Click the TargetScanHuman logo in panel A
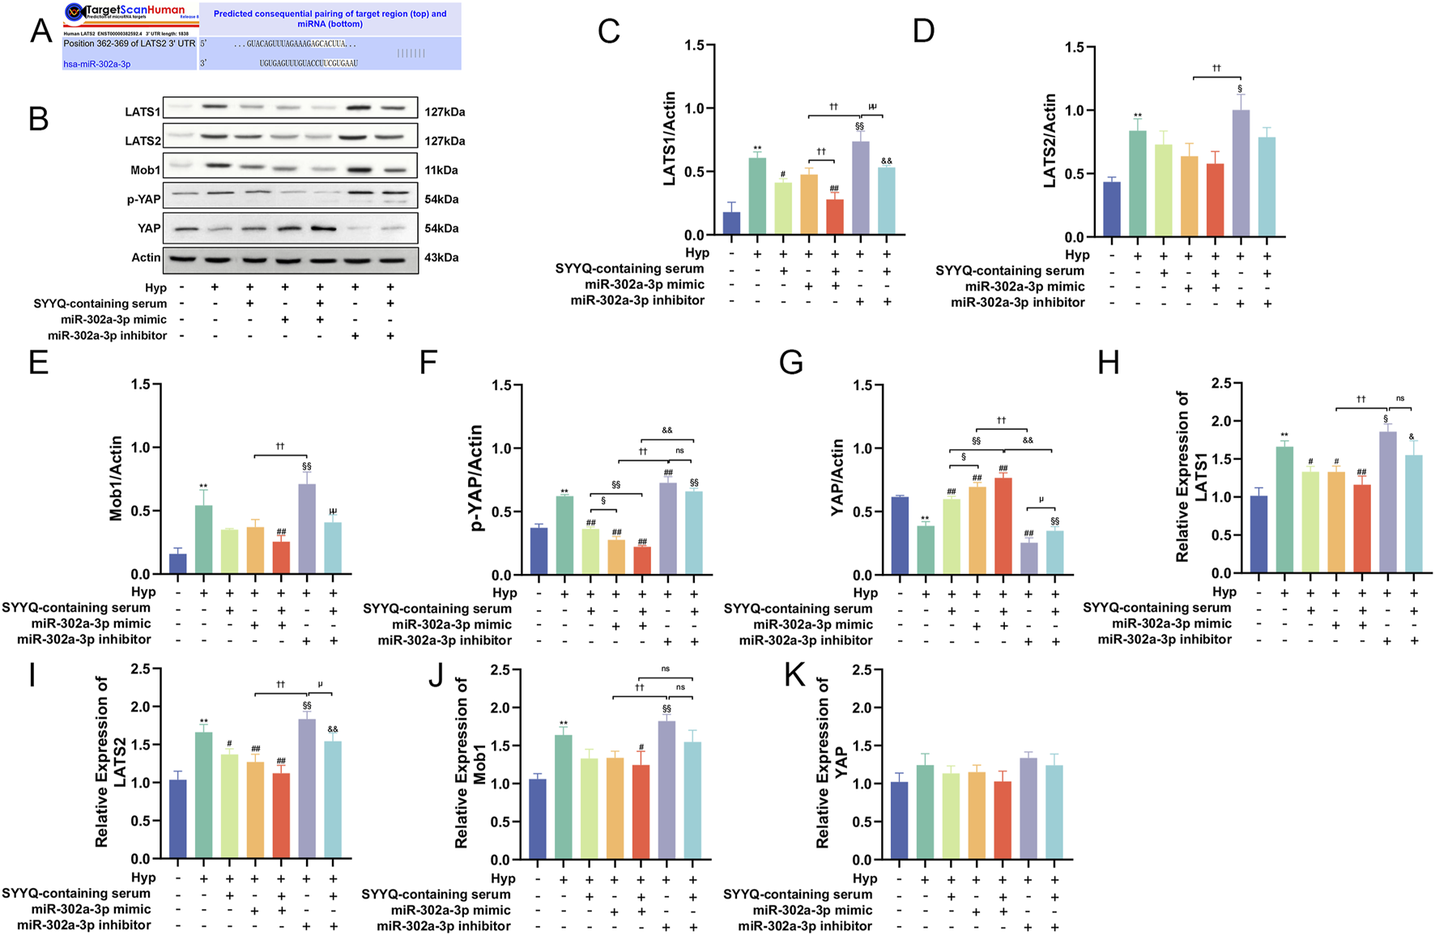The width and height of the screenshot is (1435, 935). pyautogui.click(x=126, y=11)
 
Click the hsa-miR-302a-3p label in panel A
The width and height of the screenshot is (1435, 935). pyautogui.click(x=96, y=64)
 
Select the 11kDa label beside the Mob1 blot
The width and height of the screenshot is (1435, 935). pyautogui.click(x=441, y=170)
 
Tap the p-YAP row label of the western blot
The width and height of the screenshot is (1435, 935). pyautogui.click(x=143, y=199)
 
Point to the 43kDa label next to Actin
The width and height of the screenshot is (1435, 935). pyautogui.click(x=441, y=257)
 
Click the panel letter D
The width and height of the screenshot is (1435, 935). pyautogui.click(x=923, y=31)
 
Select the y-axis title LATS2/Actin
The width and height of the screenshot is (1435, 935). pyautogui.click(x=1050, y=141)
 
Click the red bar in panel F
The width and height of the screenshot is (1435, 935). pyautogui.click(x=642, y=561)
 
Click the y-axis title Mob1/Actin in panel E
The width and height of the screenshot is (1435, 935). pyautogui.click(x=116, y=478)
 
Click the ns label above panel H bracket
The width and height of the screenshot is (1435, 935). pyautogui.click(x=1400, y=398)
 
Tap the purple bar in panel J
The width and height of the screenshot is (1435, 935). pyautogui.click(x=666, y=790)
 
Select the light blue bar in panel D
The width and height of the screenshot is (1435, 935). pyautogui.click(x=1266, y=187)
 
